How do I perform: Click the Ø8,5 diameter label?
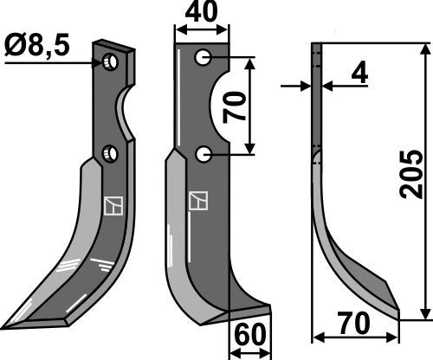[x=37, y=43]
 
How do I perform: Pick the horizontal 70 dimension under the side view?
[x=353, y=323]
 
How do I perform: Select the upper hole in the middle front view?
[x=203, y=58]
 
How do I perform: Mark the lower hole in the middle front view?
[x=203, y=154]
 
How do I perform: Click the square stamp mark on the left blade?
[x=113, y=206]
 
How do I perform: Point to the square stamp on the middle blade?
[x=198, y=200]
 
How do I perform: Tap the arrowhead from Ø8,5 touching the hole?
[x=100, y=61]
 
